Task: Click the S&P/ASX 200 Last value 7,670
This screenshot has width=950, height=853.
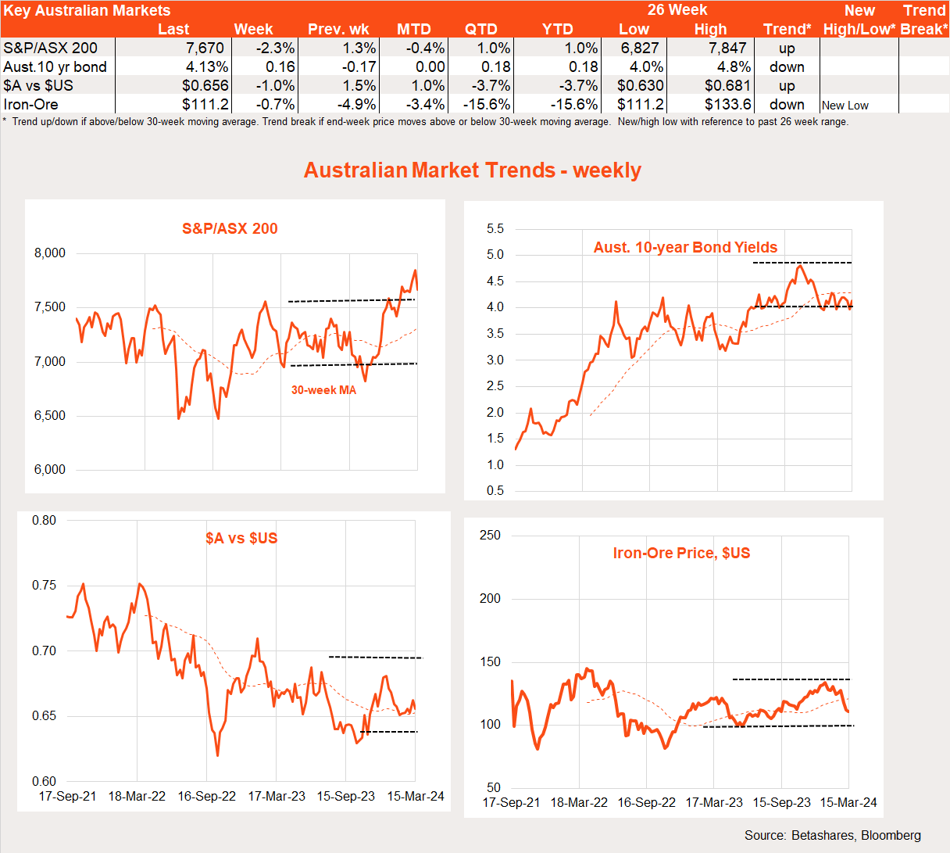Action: [205, 48]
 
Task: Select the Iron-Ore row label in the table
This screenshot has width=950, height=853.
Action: [30, 104]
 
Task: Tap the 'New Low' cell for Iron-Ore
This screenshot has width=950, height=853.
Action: [845, 106]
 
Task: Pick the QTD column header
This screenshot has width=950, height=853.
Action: [481, 29]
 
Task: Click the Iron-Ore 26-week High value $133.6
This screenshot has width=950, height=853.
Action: [727, 104]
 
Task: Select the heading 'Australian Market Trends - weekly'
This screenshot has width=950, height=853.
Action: [473, 170]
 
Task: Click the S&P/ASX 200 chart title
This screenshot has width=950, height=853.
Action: [230, 228]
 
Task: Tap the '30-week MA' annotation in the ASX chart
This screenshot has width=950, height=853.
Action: [323, 390]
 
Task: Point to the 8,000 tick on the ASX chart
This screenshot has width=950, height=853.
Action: [50, 253]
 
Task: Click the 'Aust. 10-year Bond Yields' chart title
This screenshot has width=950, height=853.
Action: [685, 247]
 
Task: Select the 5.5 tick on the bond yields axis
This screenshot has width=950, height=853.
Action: [495, 229]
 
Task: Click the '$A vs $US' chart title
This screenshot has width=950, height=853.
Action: [241, 538]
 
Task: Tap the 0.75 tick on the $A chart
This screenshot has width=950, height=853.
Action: [44, 586]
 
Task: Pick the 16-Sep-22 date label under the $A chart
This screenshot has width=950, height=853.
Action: [206, 796]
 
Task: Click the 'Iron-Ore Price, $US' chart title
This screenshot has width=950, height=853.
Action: [681, 553]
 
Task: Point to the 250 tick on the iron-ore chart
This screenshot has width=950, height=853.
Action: [490, 536]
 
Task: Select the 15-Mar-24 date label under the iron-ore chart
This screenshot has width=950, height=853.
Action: [848, 802]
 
